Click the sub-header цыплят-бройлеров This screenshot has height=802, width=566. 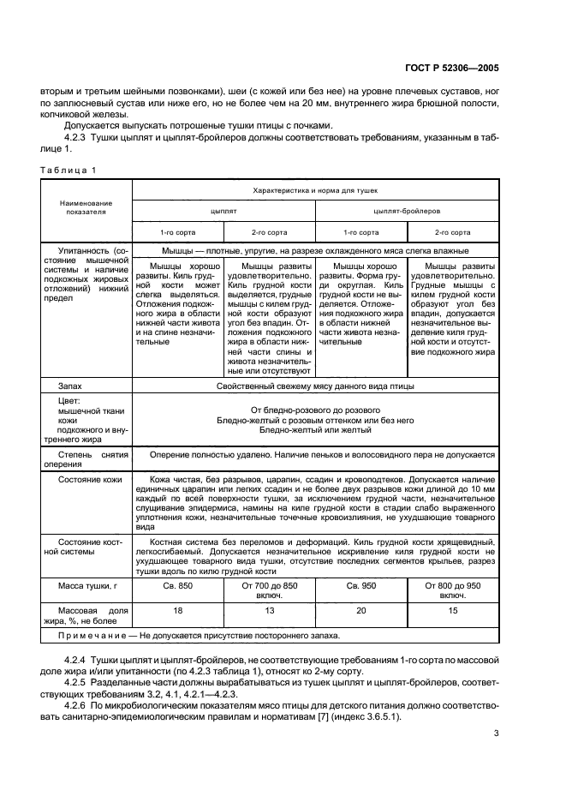(x=407, y=210)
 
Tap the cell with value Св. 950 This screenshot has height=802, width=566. (x=360, y=585)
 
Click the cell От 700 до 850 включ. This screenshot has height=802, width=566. (x=269, y=590)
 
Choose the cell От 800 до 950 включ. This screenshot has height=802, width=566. (x=453, y=590)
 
